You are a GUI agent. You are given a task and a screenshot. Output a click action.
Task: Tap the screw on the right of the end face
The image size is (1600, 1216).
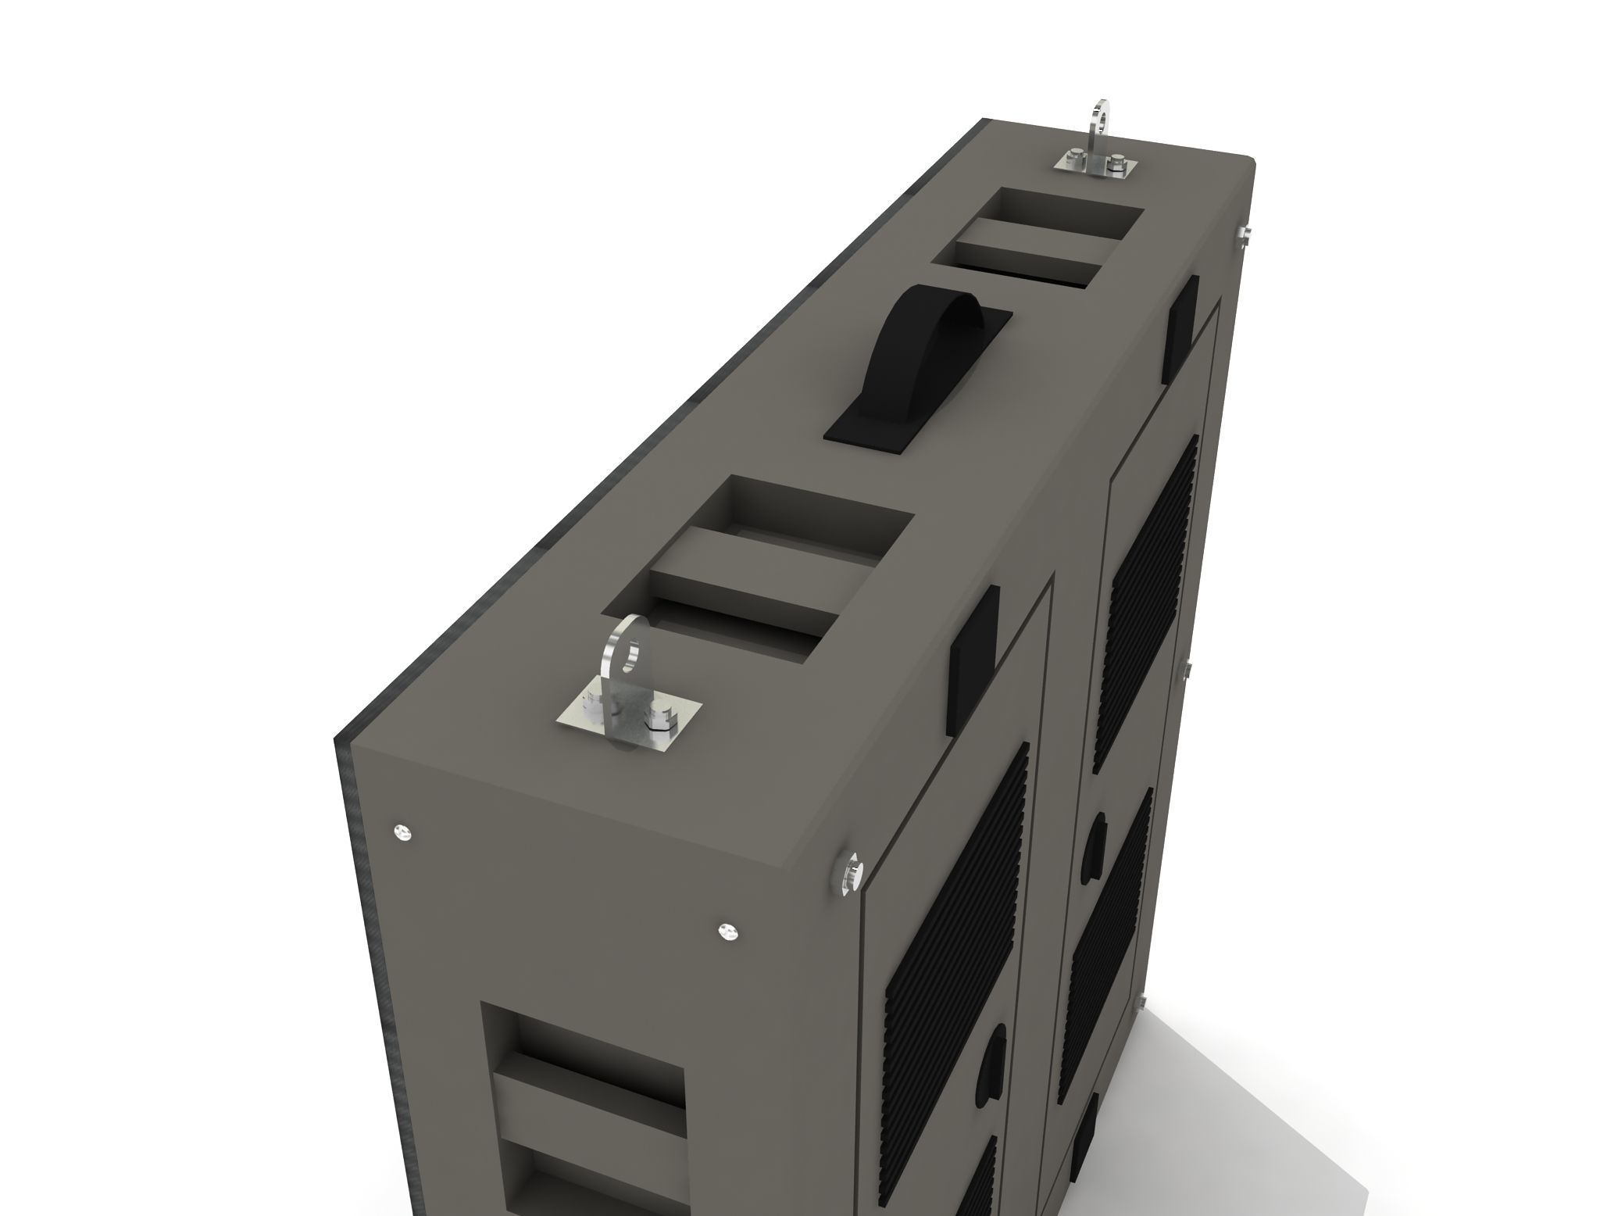point(727,931)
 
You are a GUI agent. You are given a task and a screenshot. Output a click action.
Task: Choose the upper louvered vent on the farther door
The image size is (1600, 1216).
point(1148,602)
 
